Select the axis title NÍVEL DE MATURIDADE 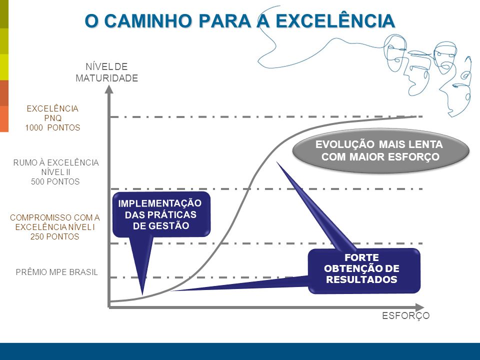click(x=107, y=72)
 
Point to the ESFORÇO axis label click(x=405, y=315)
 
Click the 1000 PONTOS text click(x=52, y=127)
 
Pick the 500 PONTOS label click(x=55, y=181)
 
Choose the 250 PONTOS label click(x=55, y=236)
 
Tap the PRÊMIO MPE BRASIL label click(x=57, y=272)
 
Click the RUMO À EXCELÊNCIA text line click(x=56, y=162)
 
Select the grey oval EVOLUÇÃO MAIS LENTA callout click(x=381, y=150)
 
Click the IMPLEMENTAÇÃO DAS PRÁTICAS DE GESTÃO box click(x=161, y=214)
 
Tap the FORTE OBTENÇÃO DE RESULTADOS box click(x=364, y=270)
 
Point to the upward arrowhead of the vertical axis click(x=109, y=89)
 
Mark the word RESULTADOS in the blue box click(x=361, y=279)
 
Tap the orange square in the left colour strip click(x=4, y=119)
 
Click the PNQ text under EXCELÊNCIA click(x=52, y=118)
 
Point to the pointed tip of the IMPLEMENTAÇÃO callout click(x=142, y=294)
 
